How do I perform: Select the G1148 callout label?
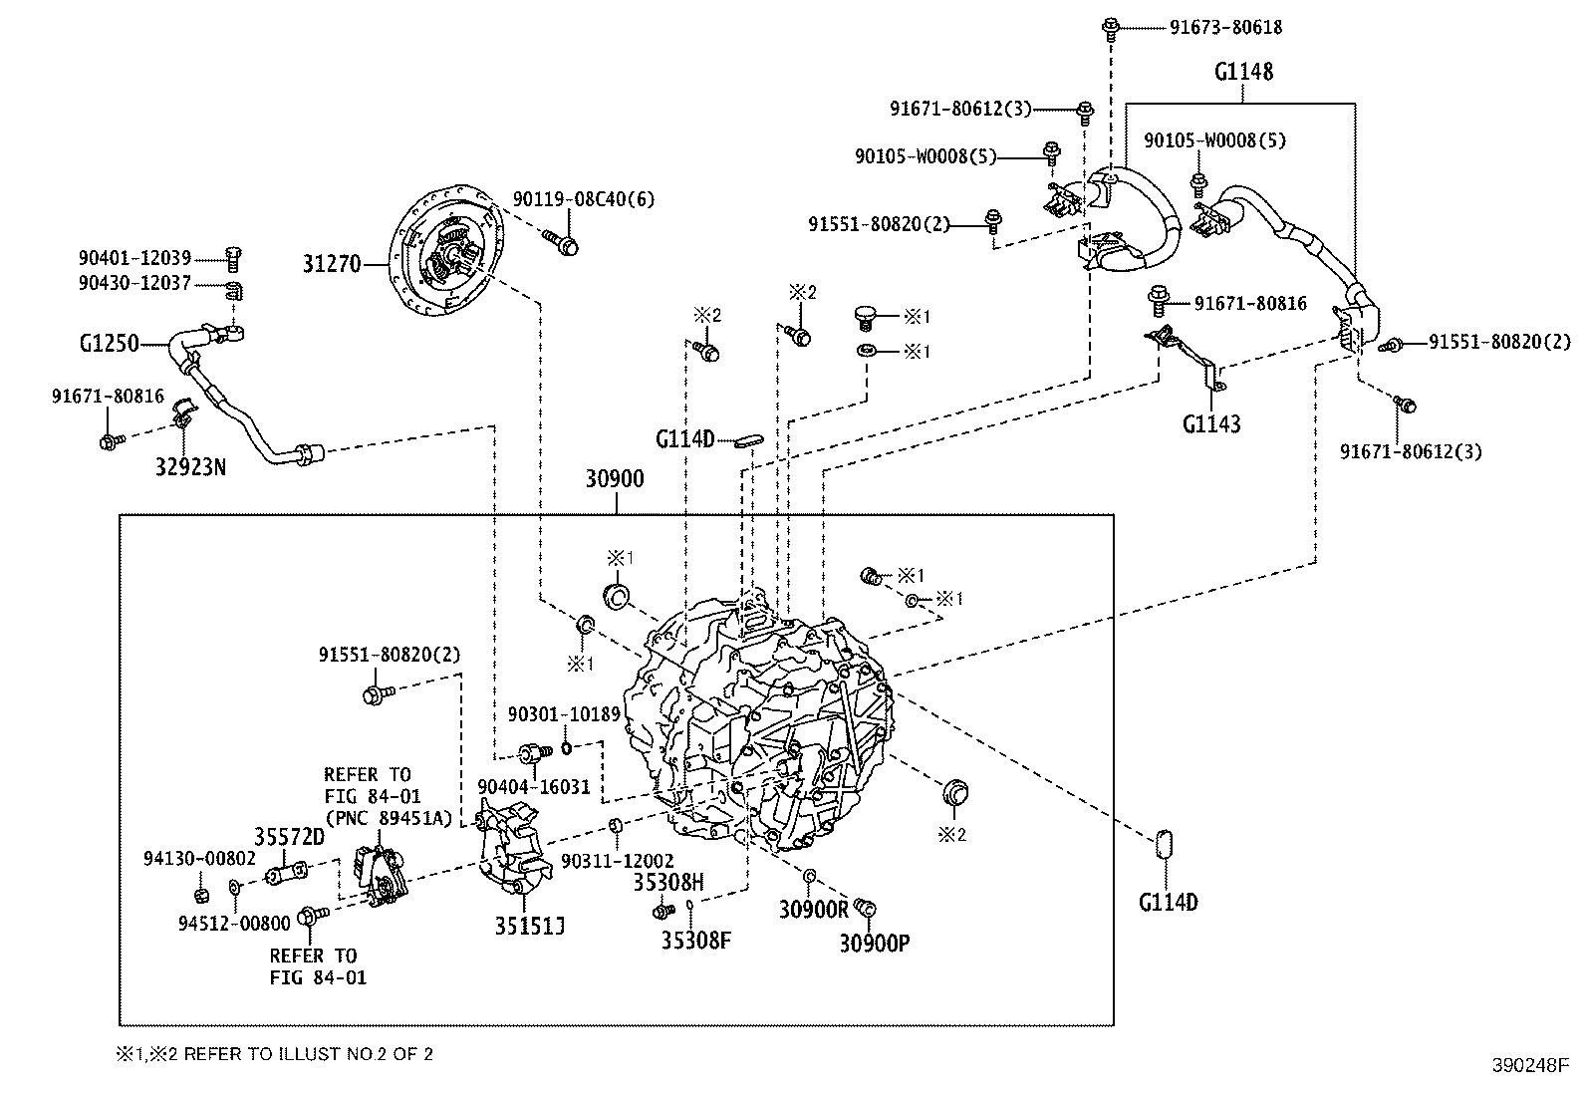[x=1242, y=72]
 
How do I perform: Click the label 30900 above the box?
[x=614, y=479]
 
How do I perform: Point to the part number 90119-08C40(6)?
[x=584, y=199]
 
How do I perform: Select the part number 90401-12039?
[x=134, y=258]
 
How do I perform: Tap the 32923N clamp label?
[x=189, y=466]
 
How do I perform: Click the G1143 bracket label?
[x=1211, y=424]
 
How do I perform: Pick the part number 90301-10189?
[x=564, y=714]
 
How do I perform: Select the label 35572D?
[x=289, y=837]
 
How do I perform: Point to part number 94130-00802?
[x=199, y=858]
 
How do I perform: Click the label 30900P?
[x=875, y=942]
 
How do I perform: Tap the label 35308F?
[x=696, y=940]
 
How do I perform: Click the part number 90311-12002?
[x=617, y=861]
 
